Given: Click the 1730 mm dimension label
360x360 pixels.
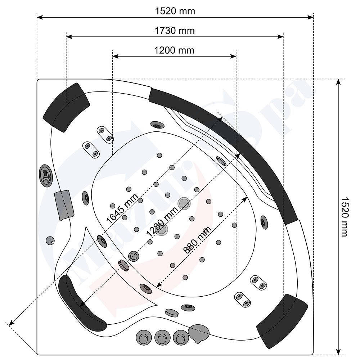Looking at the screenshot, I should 175,31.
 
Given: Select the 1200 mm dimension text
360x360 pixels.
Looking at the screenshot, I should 174,50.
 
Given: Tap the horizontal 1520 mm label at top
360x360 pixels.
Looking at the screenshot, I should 175,11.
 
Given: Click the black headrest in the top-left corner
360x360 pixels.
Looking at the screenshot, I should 66,103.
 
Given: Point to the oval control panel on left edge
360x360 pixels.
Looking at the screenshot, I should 45,176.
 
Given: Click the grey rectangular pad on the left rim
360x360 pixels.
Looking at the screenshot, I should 64,204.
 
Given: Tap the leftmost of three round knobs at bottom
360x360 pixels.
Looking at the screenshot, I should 143,338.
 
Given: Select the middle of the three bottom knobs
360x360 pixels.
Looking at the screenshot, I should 161,338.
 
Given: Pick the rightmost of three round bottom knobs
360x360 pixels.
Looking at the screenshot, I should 180,338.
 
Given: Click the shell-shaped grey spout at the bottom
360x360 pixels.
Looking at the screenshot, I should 199,333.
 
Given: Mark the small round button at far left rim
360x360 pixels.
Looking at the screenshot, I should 50,240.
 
